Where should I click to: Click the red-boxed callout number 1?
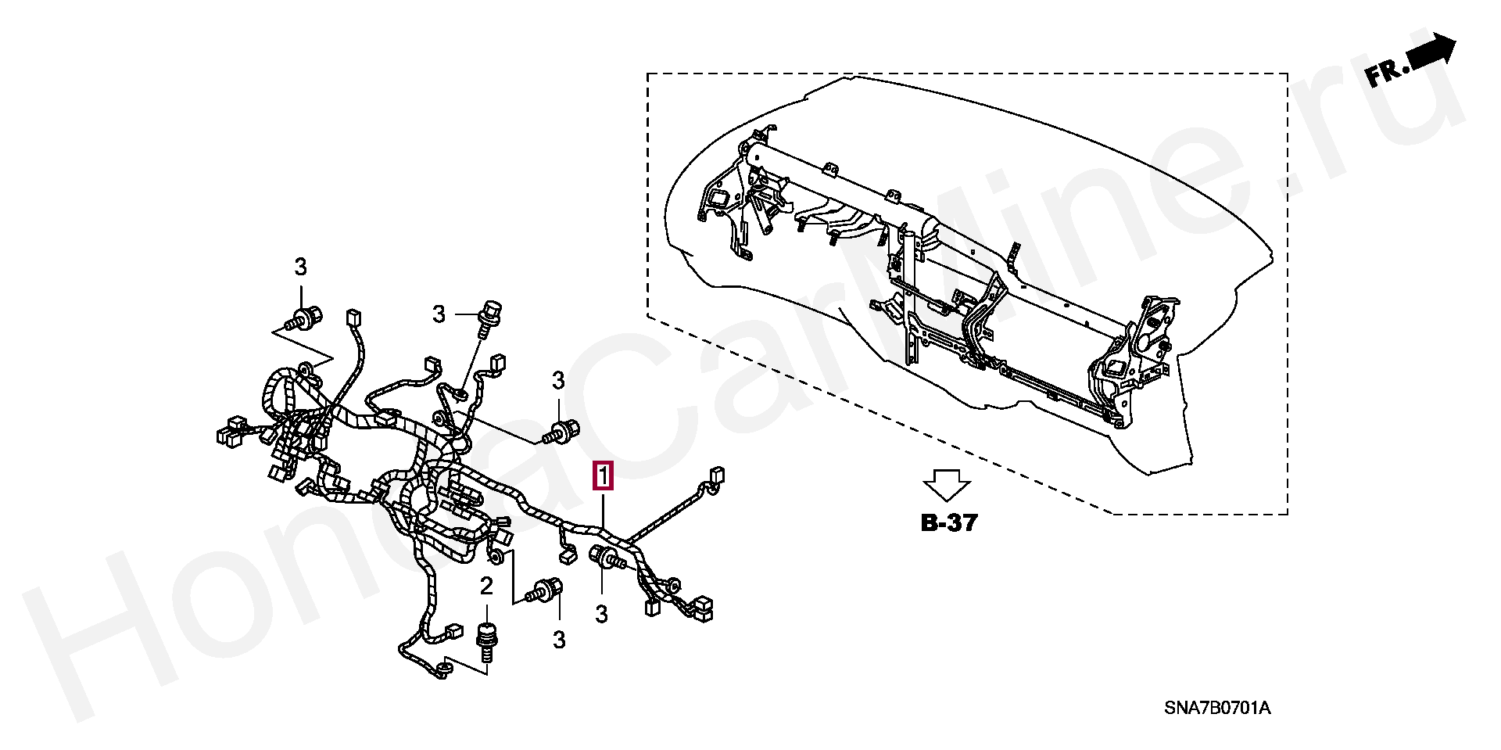tap(604, 475)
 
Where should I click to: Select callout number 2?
tap(486, 586)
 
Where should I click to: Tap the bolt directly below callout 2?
tap(486, 643)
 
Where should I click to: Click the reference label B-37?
tap(949, 523)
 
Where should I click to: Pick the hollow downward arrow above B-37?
tap(947, 485)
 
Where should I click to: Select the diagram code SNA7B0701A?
tap(1217, 709)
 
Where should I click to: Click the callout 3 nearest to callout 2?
tap(558, 640)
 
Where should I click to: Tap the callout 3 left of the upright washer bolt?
tap(439, 314)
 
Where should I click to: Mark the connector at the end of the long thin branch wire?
tap(716, 476)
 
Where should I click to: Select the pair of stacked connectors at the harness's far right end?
tap(701, 608)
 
